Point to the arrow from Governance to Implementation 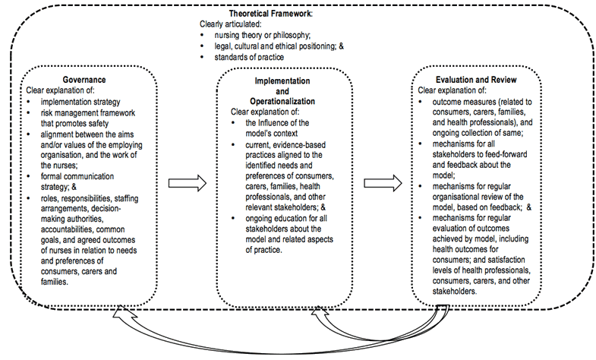click(x=186, y=182)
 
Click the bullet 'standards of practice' click(x=244, y=57)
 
